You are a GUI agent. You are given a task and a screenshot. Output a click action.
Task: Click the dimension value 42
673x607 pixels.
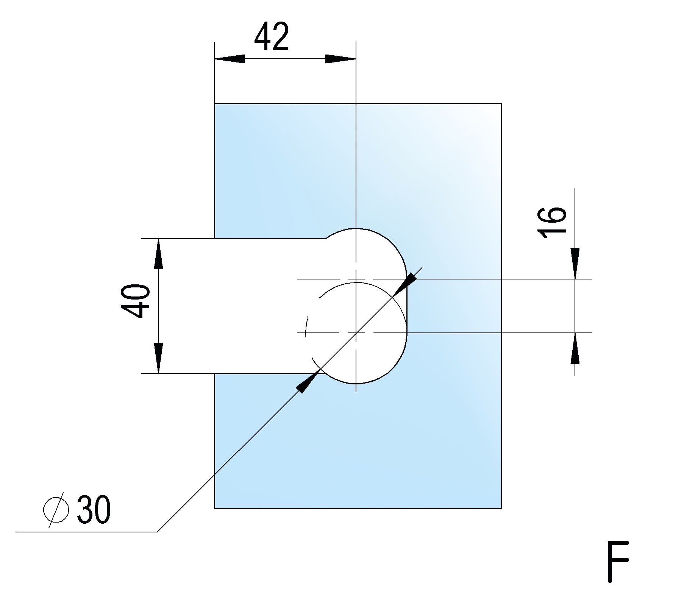click(272, 36)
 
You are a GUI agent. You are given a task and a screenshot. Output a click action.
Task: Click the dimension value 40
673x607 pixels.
click(136, 301)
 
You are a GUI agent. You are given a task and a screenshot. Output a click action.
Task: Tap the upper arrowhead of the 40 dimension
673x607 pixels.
click(158, 254)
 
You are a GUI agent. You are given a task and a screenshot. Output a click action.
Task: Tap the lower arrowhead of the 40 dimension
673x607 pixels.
click(158, 358)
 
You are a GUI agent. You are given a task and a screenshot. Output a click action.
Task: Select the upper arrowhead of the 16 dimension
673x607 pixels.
click(575, 264)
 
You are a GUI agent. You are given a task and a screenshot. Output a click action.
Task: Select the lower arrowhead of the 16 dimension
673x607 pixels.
click(575, 348)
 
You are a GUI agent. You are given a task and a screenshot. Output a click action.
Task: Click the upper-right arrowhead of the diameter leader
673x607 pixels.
click(408, 281)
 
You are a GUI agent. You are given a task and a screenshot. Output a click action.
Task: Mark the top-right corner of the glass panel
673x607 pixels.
click(501, 103)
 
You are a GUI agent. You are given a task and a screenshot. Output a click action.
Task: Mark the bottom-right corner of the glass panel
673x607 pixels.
click(501, 508)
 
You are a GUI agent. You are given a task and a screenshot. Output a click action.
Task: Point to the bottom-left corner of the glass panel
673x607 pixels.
click(215, 508)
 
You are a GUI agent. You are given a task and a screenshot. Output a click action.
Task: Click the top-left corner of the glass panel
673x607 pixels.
click(215, 103)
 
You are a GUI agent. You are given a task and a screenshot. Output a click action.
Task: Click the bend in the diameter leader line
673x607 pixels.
click(157, 532)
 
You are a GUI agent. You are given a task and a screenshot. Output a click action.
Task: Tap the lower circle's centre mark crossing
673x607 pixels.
click(356, 333)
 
